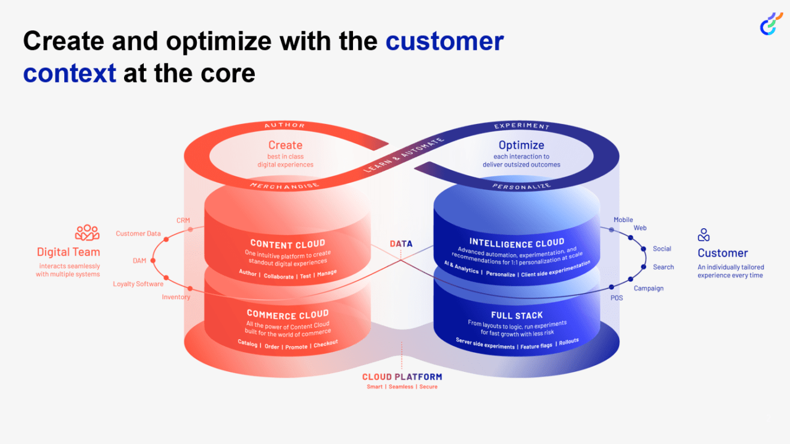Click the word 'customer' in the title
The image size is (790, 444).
click(x=444, y=41)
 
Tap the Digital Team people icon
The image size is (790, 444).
click(x=87, y=232)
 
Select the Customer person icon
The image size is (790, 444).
click(x=704, y=235)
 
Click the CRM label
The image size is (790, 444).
click(x=183, y=220)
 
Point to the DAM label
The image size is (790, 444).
click(x=139, y=261)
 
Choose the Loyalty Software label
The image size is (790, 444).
click(x=138, y=284)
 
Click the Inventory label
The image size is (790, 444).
click(x=176, y=297)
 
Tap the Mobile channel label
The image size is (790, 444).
click(x=623, y=220)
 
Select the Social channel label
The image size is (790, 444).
click(x=662, y=249)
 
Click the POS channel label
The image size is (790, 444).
click(x=617, y=298)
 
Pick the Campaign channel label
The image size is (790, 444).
click(x=648, y=288)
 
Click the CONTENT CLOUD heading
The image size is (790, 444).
click(x=288, y=244)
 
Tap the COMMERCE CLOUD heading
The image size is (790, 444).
click(x=288, y=314)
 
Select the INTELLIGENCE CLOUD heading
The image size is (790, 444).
click(x=517, y=242)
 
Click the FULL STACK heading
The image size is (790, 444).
click(x=517, y=315)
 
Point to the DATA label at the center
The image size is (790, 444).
click(x=401, y=244)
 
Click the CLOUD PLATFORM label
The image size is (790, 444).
click(x=402, y=377)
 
